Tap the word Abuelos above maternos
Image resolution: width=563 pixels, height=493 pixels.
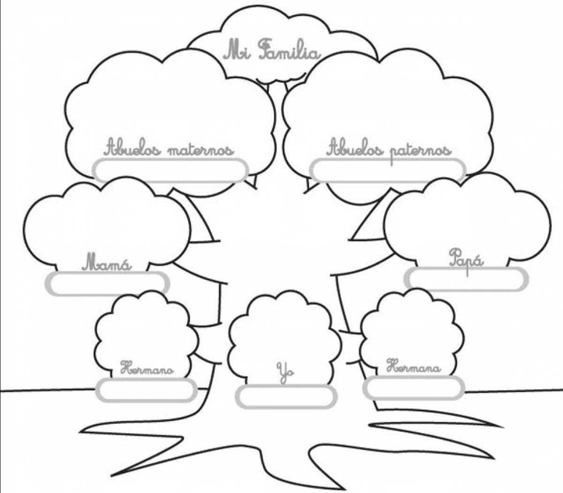[x=133, y=148]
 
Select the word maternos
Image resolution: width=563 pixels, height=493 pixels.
[x=201, y=150]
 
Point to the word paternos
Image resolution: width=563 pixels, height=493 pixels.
[x=421, y=152]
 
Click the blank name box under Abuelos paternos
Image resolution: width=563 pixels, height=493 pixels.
[x=388, y=170]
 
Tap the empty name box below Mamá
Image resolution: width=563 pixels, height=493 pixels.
[x=107, y=284]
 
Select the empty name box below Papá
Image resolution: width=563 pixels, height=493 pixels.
[x=466, y=279]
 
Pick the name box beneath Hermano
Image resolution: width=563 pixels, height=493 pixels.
[x=146, y=390]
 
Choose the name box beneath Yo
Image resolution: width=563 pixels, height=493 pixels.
[x=286, y=397]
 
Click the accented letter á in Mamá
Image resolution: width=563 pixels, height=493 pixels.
[x=125, y=265]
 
